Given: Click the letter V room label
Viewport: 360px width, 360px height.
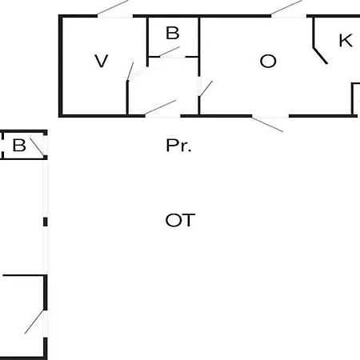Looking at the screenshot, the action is click(102, 61).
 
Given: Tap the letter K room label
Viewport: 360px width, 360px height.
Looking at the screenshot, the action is click(346, 41).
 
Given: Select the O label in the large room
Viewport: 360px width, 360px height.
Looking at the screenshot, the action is click(268, 61).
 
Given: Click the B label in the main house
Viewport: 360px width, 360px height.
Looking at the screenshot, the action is click(173, 33).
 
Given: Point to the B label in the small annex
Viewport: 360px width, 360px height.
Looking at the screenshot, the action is click(19, 146).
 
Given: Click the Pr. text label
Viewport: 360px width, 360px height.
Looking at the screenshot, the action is click(178, 146).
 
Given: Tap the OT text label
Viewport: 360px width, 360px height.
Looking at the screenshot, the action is click(180, 220).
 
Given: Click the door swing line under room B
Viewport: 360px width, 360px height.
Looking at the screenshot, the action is click(170, 52).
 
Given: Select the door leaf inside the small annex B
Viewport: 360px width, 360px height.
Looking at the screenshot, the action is click(37, 147).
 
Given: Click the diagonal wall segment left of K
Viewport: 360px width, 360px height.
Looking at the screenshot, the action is click(320, 56).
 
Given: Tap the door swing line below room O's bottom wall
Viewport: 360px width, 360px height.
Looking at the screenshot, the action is click(267, 124).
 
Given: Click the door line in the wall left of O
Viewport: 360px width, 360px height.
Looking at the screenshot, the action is click(206, 89).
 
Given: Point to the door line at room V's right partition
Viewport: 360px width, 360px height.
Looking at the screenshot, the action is click(130, 71).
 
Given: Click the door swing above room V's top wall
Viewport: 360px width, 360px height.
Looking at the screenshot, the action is click(113, 7).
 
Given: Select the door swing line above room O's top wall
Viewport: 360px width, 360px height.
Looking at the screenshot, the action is click(286, 7).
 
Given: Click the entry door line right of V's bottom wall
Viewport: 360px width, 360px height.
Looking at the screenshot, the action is click(160, 108).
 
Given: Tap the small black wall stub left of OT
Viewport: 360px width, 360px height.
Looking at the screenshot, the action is click(46, 222).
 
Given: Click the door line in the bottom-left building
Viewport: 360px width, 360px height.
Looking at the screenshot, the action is click(34, 322).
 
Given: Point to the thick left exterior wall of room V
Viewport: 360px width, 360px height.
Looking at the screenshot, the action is click(60, 66).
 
